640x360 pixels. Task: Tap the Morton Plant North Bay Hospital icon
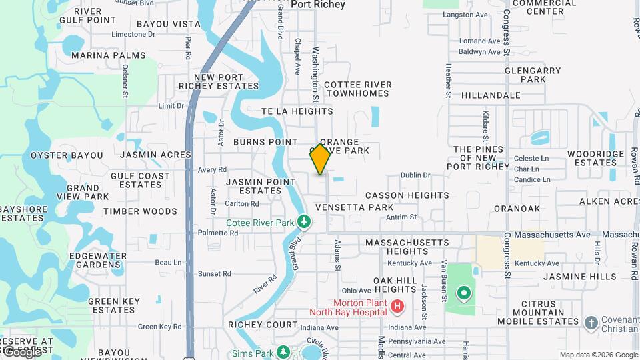point(397,307)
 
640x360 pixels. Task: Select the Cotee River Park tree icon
point(304,221)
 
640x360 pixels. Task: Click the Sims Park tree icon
point(283,351)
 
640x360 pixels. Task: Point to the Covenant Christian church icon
point(591,323)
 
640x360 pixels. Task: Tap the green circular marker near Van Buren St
point(463,293)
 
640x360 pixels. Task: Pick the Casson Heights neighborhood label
point(407,195)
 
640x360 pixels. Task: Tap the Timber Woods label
point(140,211)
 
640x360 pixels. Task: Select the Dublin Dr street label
point(415,175)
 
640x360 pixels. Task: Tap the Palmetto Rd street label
point(218,233)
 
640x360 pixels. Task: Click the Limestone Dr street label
point(133,34)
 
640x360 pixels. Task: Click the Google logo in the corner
point(21,351)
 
